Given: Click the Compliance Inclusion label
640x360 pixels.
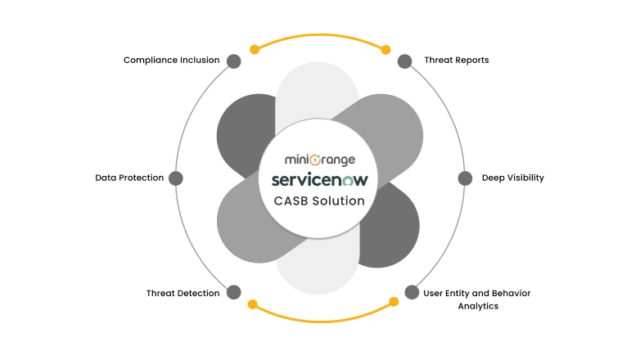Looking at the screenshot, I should tap(171, 61).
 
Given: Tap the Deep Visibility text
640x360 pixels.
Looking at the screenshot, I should tap(512, 178).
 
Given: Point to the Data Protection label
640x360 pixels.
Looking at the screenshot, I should tap(129, 178).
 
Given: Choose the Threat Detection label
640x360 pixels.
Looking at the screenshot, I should tap(183, 293).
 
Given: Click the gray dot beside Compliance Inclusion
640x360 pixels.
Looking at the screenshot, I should tap(233, 61).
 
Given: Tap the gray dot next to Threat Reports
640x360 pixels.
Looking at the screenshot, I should tap(404, 61).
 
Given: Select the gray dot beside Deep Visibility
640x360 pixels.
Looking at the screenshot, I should tap(464, 178).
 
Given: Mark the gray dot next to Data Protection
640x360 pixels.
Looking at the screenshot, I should tap(175, 178).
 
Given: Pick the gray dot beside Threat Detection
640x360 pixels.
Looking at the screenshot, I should tap(233, 292).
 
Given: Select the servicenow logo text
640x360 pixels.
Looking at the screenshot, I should tap(319, 179).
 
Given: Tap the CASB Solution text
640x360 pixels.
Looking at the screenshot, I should tap(319, 200).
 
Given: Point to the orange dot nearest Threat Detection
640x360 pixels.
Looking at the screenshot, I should tap(252, 304).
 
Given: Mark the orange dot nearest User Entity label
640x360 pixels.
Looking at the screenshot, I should tap(393, 302).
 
